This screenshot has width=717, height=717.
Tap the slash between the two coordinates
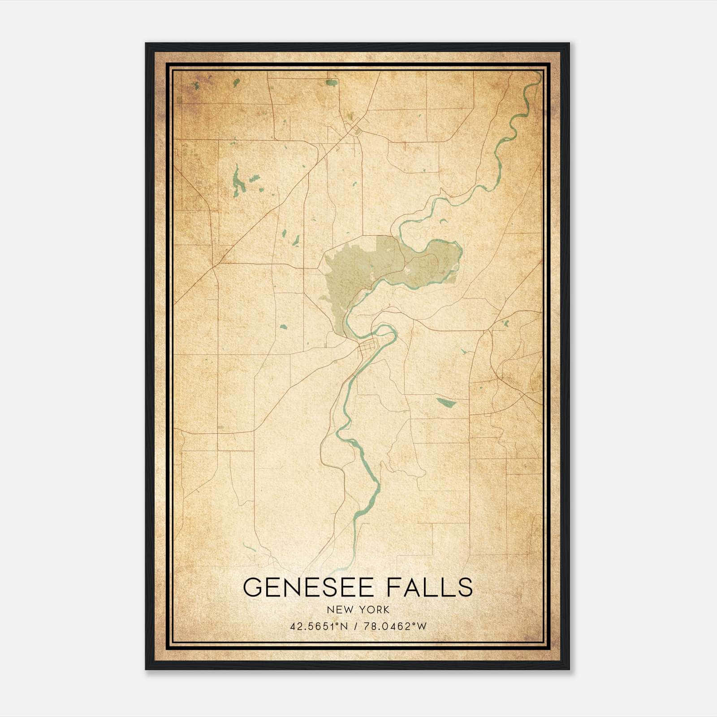pos(356,626)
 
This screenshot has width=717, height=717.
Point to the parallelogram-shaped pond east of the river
pos(446,402)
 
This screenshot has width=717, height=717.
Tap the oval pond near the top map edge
pos(332,82)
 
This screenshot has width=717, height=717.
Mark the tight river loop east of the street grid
pos(388,334)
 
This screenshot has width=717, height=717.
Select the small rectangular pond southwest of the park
pos(283,327)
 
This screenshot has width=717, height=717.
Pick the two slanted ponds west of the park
pos(290,238)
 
